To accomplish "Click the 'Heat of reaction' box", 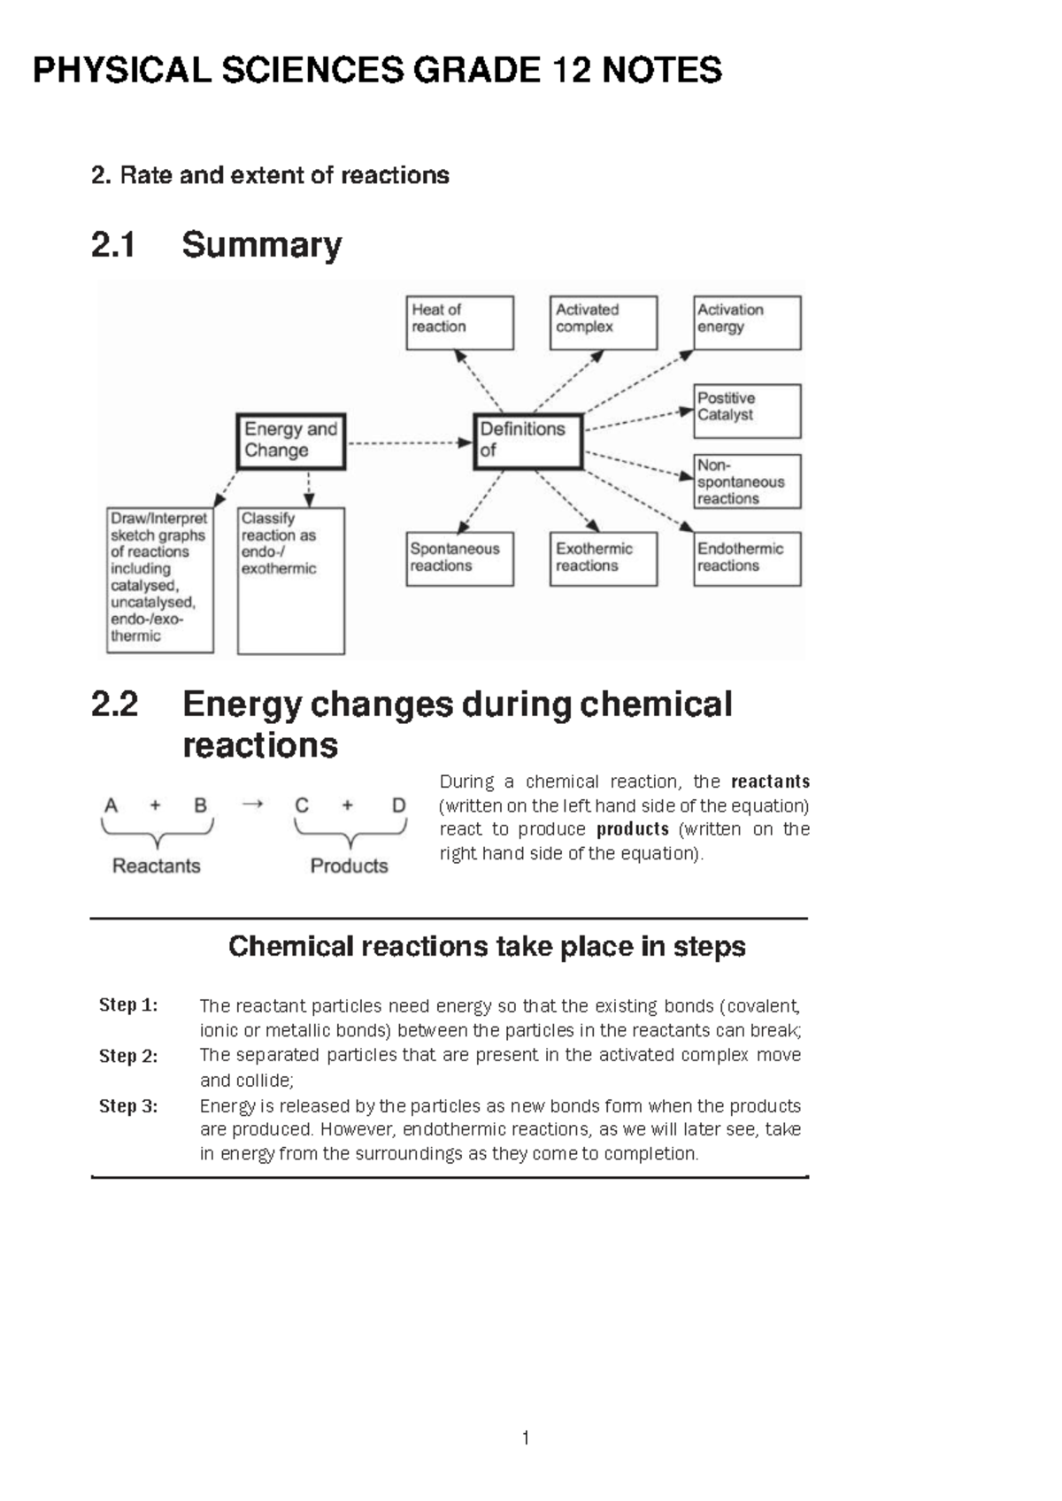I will [459, 322].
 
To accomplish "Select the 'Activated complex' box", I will [603, 322].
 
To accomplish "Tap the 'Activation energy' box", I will [747, 322].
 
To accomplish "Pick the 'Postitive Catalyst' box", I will [747, 411].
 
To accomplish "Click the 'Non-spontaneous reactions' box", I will [747, 481].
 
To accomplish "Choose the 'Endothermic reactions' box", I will [747, 558].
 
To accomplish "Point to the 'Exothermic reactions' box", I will [603, 558].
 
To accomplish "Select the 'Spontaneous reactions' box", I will [459, 558].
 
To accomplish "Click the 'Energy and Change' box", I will [290, 441].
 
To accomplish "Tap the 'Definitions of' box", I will [527, 441].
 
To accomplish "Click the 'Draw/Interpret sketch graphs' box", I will [159, 580].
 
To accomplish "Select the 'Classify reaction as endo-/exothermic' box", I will [290, 580].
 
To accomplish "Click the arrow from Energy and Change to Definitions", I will [408, 443].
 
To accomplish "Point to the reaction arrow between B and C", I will [253, 804].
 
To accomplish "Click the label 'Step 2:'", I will [128, 1056].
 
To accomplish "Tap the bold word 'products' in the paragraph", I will [633, 829].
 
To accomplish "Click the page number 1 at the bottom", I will [526, 1438].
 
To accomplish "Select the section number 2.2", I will [114, 704].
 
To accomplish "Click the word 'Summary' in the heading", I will [261, 245].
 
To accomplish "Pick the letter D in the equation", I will [398, 805].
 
